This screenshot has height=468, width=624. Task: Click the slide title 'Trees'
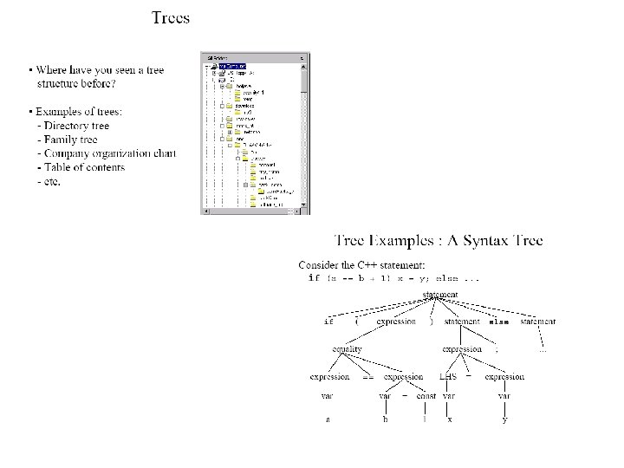coord(171,17)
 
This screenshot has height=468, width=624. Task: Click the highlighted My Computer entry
coord(232,66)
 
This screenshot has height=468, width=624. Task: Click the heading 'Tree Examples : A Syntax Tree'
coord(439,239)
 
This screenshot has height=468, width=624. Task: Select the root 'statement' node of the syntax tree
coord(440,295)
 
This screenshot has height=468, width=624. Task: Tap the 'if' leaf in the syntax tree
coord(328,322)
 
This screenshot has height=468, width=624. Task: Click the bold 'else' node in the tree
coord(498,322)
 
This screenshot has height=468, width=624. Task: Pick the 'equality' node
coord(347,349)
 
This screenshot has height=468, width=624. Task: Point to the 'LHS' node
coord(448,377)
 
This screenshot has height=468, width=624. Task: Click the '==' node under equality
coord(367,378)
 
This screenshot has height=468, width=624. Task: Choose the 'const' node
coord(426,396)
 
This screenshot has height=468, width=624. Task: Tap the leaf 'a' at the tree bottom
coord(328,420)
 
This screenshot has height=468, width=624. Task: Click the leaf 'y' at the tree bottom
coord(504,421)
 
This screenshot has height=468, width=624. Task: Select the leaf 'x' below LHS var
coord(449,420)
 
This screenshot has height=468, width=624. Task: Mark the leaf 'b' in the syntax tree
coord(385,420)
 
